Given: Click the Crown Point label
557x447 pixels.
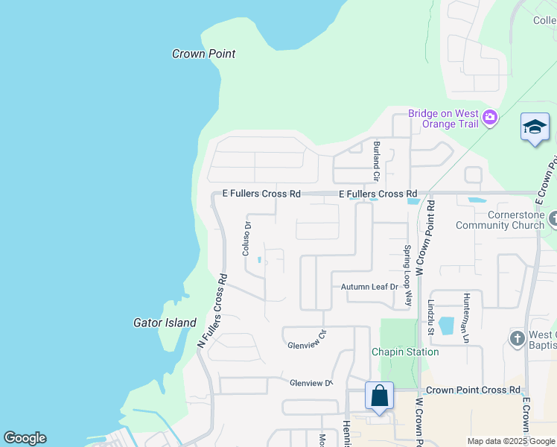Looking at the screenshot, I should [203, 54].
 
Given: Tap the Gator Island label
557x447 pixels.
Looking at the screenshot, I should [165, 323].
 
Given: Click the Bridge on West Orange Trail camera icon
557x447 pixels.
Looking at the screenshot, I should [489, 118].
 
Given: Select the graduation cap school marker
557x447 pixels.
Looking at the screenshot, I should [535, 127].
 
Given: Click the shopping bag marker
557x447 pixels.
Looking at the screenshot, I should [379, 396].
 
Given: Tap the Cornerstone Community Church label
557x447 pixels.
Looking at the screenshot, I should [500, 220].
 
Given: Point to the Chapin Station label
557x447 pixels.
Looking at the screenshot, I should [405, 352].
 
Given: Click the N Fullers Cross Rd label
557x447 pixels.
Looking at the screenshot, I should [213, 309].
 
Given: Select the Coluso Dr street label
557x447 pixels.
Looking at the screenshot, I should [246, 238].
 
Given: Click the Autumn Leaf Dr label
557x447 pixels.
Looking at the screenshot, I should [370, 287].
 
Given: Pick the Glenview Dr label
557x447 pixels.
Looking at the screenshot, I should [311, 383].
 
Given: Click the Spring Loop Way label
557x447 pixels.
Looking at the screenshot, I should [408, 276].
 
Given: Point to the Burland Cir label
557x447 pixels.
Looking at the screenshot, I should [377, 162].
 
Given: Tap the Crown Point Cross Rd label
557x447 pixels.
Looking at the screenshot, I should [471, 390].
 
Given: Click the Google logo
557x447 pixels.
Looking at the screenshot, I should [25, 438].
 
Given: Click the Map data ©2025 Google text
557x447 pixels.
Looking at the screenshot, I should [510, 441].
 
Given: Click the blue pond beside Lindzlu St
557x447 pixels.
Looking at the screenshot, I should [446, 326].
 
